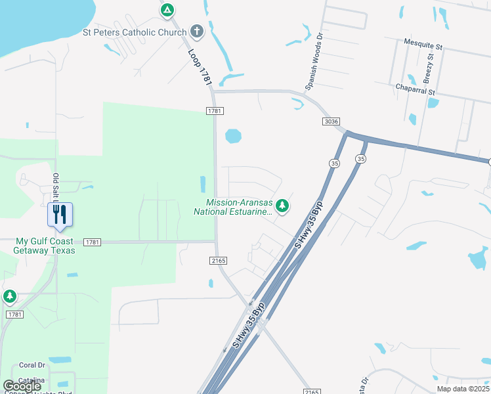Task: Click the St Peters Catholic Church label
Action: [x=134, y=32]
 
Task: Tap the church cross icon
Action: [x=196, y=31]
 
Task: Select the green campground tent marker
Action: [x=167, y=11]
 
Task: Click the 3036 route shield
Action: [x=331, y=121]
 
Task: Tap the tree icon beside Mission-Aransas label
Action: [x=282, y=207]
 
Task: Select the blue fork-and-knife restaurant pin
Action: [x=60, y=215]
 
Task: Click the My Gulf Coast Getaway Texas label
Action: [x=46, y=246]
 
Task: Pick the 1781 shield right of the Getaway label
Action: [x=93, y=242]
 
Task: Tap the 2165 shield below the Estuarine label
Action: [x=219, y=261]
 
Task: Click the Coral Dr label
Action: [x=32, y=365]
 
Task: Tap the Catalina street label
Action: [x=32, y=380]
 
